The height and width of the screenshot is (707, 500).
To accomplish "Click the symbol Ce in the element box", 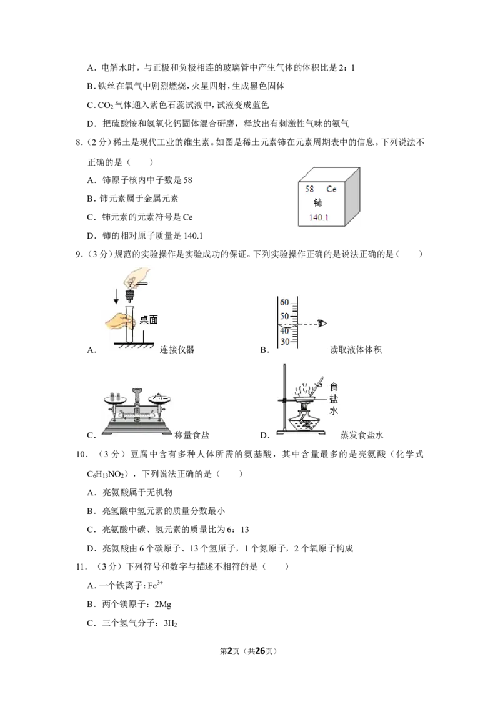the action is point(332,189).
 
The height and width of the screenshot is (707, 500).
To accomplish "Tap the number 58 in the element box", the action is point(309,189).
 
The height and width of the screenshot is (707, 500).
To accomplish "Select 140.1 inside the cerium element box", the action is point(319,218).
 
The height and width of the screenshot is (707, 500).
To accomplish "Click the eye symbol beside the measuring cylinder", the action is point(322,324).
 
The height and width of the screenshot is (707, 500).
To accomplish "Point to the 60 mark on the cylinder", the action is point(284,302).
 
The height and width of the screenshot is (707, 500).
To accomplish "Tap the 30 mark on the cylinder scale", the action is point(284,342).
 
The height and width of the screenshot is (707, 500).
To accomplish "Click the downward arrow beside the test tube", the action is point(116,296).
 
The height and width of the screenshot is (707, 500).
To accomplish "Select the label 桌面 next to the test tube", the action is point(149,320).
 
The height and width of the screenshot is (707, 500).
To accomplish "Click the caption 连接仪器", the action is point(177,350).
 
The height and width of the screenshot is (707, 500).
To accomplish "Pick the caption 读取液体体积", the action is point(356,350).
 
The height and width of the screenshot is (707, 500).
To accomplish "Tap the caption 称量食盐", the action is point(192,435).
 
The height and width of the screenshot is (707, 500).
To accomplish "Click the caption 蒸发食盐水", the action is point(361,435).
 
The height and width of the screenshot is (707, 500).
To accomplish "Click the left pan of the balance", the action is point(115,398).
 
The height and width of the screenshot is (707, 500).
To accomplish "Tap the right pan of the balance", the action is point(160,398).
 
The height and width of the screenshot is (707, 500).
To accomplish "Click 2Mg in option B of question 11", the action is point(162,605).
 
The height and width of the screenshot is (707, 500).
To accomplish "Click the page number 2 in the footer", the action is point(229,651).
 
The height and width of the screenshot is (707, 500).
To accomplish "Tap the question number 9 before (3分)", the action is point(79,254).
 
